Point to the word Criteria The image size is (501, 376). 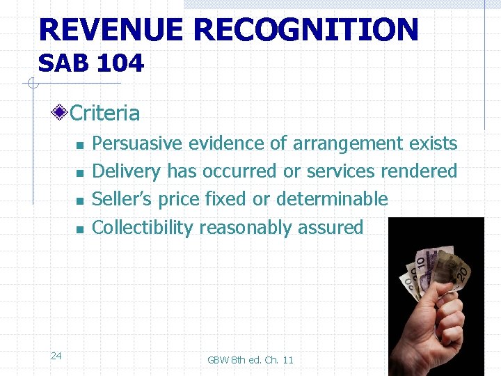[105, 113]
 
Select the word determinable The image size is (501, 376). [332, 199]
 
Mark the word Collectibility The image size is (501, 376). [143, 227]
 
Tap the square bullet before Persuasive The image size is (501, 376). [80, 146]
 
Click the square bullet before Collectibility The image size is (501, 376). [80, 229]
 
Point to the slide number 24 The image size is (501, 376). [56, 356]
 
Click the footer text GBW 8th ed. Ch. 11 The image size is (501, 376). [250, 359]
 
